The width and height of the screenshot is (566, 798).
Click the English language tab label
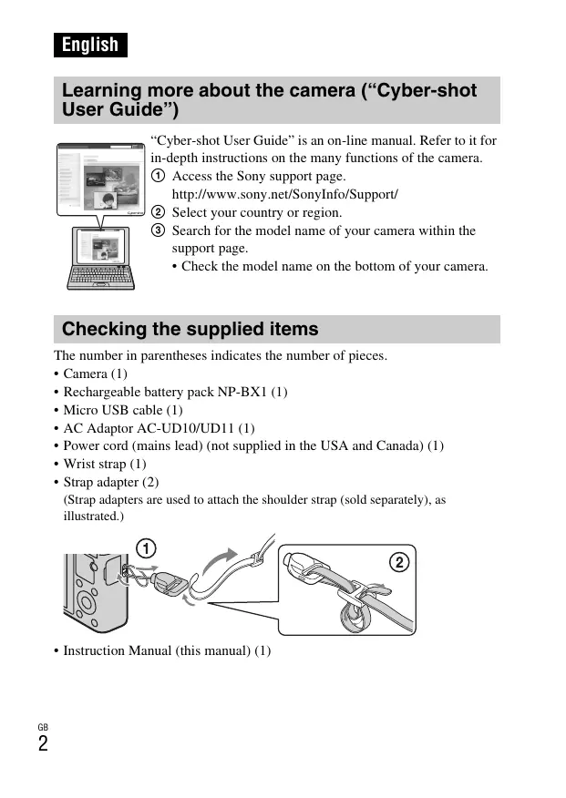pyautogui.click(x=90, y=45)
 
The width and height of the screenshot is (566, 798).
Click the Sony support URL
pyautogui.click(x=284, y=195)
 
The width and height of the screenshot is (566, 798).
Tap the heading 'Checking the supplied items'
pyautogui.click(x=190, y=329)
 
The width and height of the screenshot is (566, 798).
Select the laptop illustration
pyautogui.click(x=100, y=258)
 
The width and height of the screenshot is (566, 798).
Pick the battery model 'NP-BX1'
pyautogui.click(x=242, y=392)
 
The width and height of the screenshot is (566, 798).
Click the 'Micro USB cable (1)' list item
pyautogui.click(x=122, y=410)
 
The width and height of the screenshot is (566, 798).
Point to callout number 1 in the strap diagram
pyautogui.click(x=146, y=547)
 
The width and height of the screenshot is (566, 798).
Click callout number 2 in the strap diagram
pyautogui.click(x=398, y=562)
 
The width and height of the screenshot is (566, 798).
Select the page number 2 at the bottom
pyautogui.click(x=43, y=743)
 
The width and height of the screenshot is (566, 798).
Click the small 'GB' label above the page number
pyautogui.click(x=43, y=726)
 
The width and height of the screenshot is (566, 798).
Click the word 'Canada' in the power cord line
pyautogui.click(x=401, y=445)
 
